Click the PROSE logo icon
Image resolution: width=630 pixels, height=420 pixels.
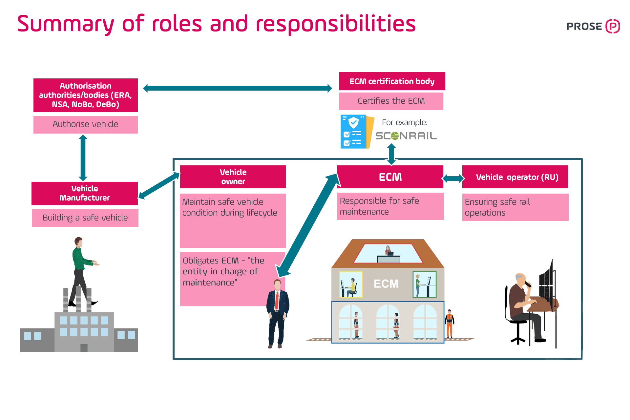(612, 26)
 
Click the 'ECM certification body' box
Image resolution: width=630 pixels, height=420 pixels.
(392, 81)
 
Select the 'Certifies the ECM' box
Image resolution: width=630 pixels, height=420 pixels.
(391, 101)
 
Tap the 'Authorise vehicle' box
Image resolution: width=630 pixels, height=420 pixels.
(85, 124)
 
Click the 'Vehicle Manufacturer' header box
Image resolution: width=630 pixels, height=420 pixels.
(85, 193)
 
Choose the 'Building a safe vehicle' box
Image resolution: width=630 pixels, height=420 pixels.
(85, 218)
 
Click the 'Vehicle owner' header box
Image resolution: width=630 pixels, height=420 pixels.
(233, 177)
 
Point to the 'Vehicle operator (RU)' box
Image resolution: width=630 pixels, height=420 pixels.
(515, 177)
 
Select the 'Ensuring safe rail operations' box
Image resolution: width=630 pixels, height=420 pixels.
(515, 207)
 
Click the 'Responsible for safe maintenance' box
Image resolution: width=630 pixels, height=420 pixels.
(390, 206)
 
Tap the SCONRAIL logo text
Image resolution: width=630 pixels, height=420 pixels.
(406, 136)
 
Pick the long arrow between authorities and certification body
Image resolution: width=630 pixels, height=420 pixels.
(238, 88)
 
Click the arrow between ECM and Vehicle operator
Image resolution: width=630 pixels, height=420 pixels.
(453, 178)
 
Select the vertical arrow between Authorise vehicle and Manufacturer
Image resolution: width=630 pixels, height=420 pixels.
(83, 157)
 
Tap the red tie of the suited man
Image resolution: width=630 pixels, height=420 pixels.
(277, 300)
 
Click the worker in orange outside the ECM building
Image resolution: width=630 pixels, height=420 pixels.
(449, 323)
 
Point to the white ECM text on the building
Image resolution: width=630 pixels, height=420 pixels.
(386, 284)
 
